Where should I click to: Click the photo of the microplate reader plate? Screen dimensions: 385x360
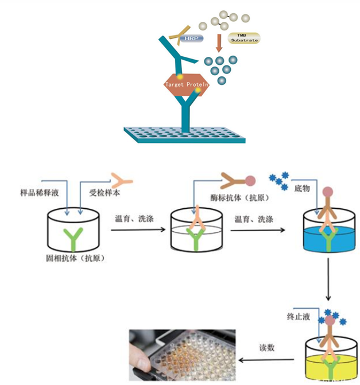(182, 354)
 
